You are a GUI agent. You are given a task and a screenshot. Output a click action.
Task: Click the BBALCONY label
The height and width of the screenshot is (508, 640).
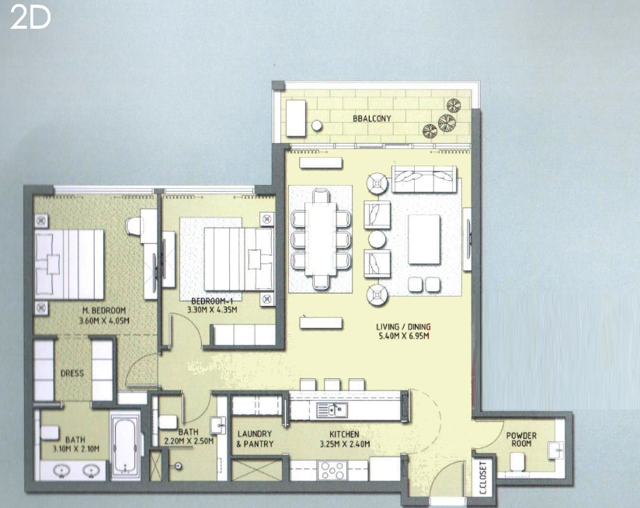372,119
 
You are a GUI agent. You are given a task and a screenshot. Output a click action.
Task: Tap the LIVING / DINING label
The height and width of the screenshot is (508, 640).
403,327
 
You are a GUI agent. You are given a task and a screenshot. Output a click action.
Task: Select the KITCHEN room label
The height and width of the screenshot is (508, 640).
345,434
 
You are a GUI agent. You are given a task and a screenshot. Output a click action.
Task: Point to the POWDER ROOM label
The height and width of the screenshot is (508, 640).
521,440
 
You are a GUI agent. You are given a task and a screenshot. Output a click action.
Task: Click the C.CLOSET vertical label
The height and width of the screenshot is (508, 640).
483,478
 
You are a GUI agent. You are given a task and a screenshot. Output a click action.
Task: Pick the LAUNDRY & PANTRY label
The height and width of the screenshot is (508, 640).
255,439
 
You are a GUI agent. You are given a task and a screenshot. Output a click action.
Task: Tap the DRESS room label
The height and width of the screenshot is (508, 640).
72,374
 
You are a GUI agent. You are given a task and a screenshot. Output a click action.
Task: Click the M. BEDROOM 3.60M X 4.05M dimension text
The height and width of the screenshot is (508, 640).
104,321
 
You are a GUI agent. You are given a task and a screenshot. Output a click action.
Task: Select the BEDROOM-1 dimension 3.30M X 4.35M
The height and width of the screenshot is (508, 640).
212,310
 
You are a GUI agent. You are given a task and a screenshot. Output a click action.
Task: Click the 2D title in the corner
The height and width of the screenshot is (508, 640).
30,18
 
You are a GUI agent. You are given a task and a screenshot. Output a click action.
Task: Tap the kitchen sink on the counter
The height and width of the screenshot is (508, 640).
332,409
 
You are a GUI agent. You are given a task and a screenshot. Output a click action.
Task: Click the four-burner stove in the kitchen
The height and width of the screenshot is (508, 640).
332,471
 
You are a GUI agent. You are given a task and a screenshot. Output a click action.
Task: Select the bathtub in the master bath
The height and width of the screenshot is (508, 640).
125,446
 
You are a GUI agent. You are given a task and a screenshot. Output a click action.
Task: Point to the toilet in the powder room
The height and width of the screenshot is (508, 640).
517,461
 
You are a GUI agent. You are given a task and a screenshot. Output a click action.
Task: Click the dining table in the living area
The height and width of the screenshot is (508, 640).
321,238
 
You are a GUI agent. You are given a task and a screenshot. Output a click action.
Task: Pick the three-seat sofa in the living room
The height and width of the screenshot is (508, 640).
424,179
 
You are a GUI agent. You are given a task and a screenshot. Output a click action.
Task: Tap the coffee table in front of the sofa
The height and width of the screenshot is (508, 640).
424,239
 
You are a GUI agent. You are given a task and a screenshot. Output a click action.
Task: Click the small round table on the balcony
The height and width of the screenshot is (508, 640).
317,125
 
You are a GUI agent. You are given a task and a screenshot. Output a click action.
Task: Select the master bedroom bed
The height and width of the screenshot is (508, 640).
69,264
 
